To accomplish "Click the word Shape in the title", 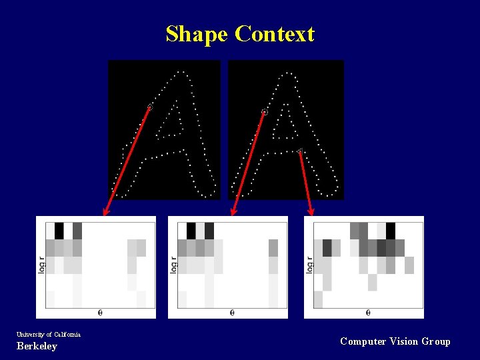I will pyautogui.click(x=197, y=34).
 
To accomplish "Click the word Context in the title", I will pyautogui.click(x=275, y=34).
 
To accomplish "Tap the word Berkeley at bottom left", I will pyautogui.click(x=37, y=346).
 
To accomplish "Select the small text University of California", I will pyautogui.click(x=49, y=334).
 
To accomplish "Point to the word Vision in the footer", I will pyautogui.click(x=404, y=341).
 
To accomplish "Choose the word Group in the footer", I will pyautogui.click(x=436, y=341).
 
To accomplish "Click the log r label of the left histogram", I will pyautogui.click(x=41, y=265).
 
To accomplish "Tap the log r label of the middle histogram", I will pyautogui.click(x=173, y=265).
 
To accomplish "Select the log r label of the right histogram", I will pyautogui.click(x=309, y=265).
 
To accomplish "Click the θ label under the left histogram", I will pyautogui.click(x=100, y=312).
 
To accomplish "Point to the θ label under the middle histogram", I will pyautogui.click(x=232, y=312).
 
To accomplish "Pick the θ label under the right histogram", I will pyautogui.click(x=368, y=312).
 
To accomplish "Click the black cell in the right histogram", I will pyautogui.click(x=391, y=231).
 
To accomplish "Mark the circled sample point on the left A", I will pyautogui.click(x=150, y=107).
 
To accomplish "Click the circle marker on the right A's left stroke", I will pyautogui.click(x=264, y=112).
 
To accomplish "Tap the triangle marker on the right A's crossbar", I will pyautogui.click(x=300, y=151).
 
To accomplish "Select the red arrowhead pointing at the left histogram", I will pyautogui.click(x=105, y=213).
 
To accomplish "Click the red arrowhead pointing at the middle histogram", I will pyautogui.click(x=233, y=213).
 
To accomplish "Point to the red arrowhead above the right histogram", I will pyautogui.click(x=310, y=213).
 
